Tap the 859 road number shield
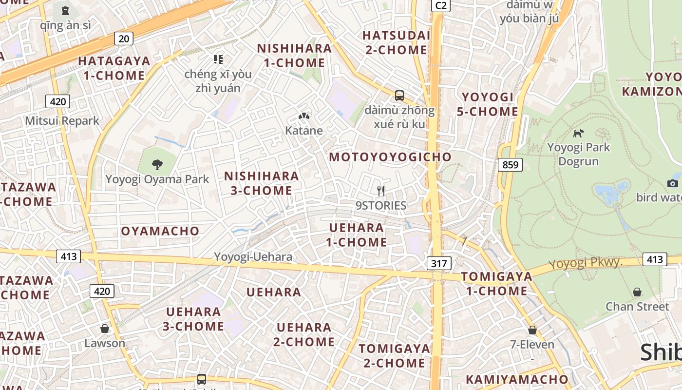[510, 165]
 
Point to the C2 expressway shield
[440, 5]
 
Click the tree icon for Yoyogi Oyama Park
[157, 165]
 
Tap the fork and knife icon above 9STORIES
[381, 191]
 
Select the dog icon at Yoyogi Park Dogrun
[578, 133]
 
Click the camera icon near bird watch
[673, 183]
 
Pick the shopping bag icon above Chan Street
[637, 292]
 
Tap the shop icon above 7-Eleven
[532, 330]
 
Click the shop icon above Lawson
[104, 329]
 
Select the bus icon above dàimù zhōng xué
[399, 96]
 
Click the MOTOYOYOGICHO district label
[390, 157]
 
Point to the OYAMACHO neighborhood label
[160, 231]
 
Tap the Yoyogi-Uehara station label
[253, 257]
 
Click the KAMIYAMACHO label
[517, 379]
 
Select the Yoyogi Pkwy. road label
[586, 263]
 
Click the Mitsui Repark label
[62, 121]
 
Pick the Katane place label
[304, 131]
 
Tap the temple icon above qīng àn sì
[65, 10]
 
